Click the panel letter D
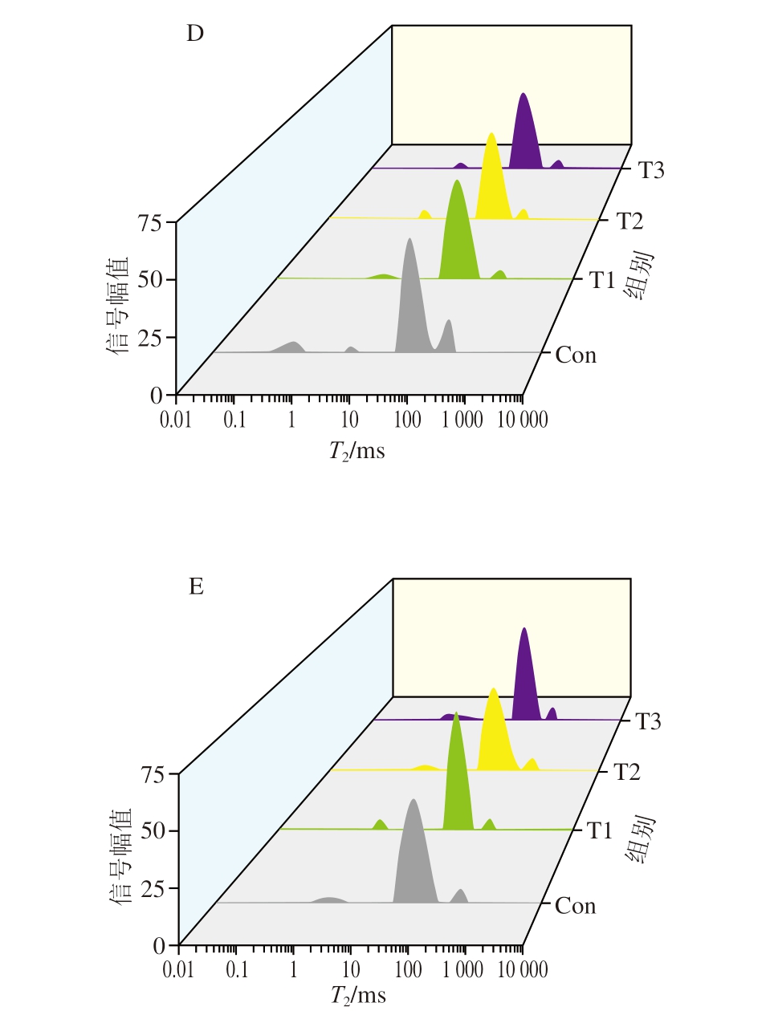click(195, 34)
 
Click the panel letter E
click(196, 587)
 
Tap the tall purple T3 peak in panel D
click(524, 132)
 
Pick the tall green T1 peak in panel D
click(458, 233)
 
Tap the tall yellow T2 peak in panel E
click(494, 730)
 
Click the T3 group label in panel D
click(651, 170)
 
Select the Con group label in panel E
click(576, 906)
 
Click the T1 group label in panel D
click(602, 280)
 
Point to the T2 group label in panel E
click(627, 772)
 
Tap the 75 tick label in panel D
click(150, 222)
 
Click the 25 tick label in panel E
click(153, 889)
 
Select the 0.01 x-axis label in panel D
click(176, 420)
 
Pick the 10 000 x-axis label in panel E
click(523, 970)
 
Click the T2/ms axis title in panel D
click(356, 451)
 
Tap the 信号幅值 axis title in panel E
click(120, 856)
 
